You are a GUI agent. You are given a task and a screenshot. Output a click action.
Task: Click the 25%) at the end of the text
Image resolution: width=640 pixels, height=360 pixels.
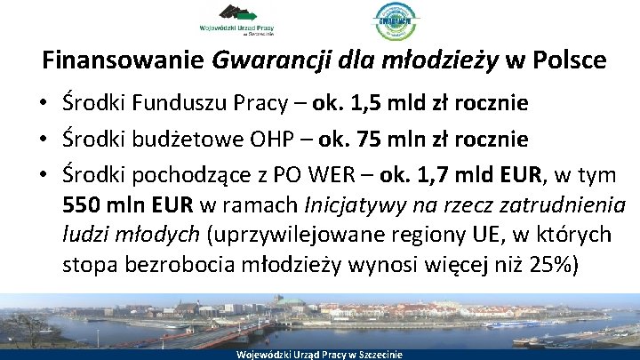pyautogui.click(x=553, y=264)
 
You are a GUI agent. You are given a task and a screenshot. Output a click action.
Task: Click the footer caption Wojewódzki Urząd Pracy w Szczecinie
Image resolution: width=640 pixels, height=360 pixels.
pyautogui.click(x=319, y=354)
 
